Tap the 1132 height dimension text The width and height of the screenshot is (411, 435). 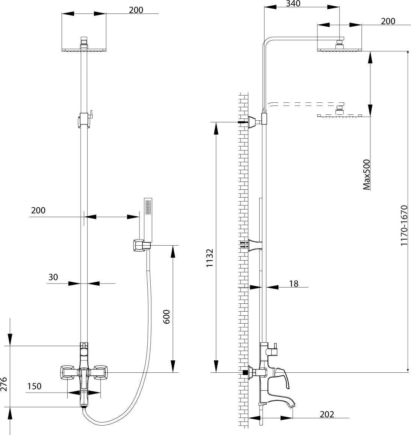(210, 258)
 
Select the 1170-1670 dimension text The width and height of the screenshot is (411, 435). (404, 225)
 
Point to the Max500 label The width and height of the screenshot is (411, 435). (367, 175)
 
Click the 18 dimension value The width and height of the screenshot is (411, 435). (294, 284)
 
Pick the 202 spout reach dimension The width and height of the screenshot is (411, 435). (327, 414)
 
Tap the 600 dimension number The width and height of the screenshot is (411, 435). (167, 317)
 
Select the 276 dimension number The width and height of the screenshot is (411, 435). (4, 384)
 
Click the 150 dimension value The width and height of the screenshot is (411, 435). (35, 386)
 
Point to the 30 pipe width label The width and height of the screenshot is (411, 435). (53, 277)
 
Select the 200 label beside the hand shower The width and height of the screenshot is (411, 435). (38, 210)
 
